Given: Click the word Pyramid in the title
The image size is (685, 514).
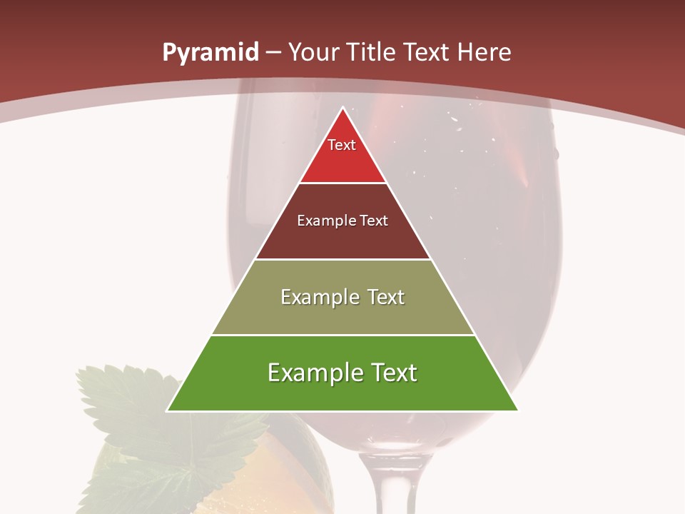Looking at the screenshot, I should pos(210,53).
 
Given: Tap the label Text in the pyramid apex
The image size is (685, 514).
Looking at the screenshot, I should pos(342,145).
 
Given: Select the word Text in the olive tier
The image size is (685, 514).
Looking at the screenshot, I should pos(387,297).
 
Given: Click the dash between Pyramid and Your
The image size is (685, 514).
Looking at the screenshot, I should pos(273,53).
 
